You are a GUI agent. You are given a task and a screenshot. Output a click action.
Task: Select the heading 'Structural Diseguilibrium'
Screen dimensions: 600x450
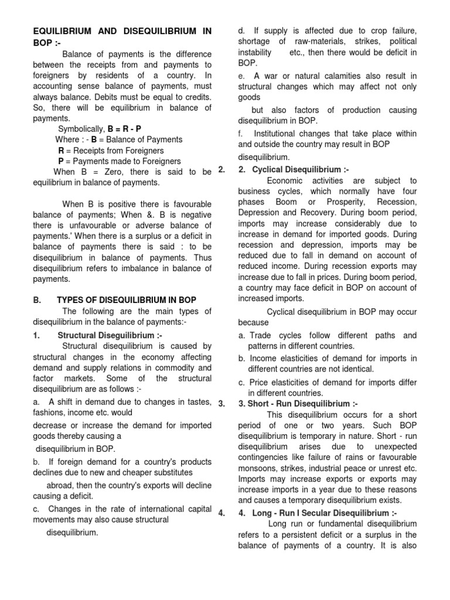point(110,335)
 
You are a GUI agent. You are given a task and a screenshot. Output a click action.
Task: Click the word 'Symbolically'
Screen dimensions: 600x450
point(81,129)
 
